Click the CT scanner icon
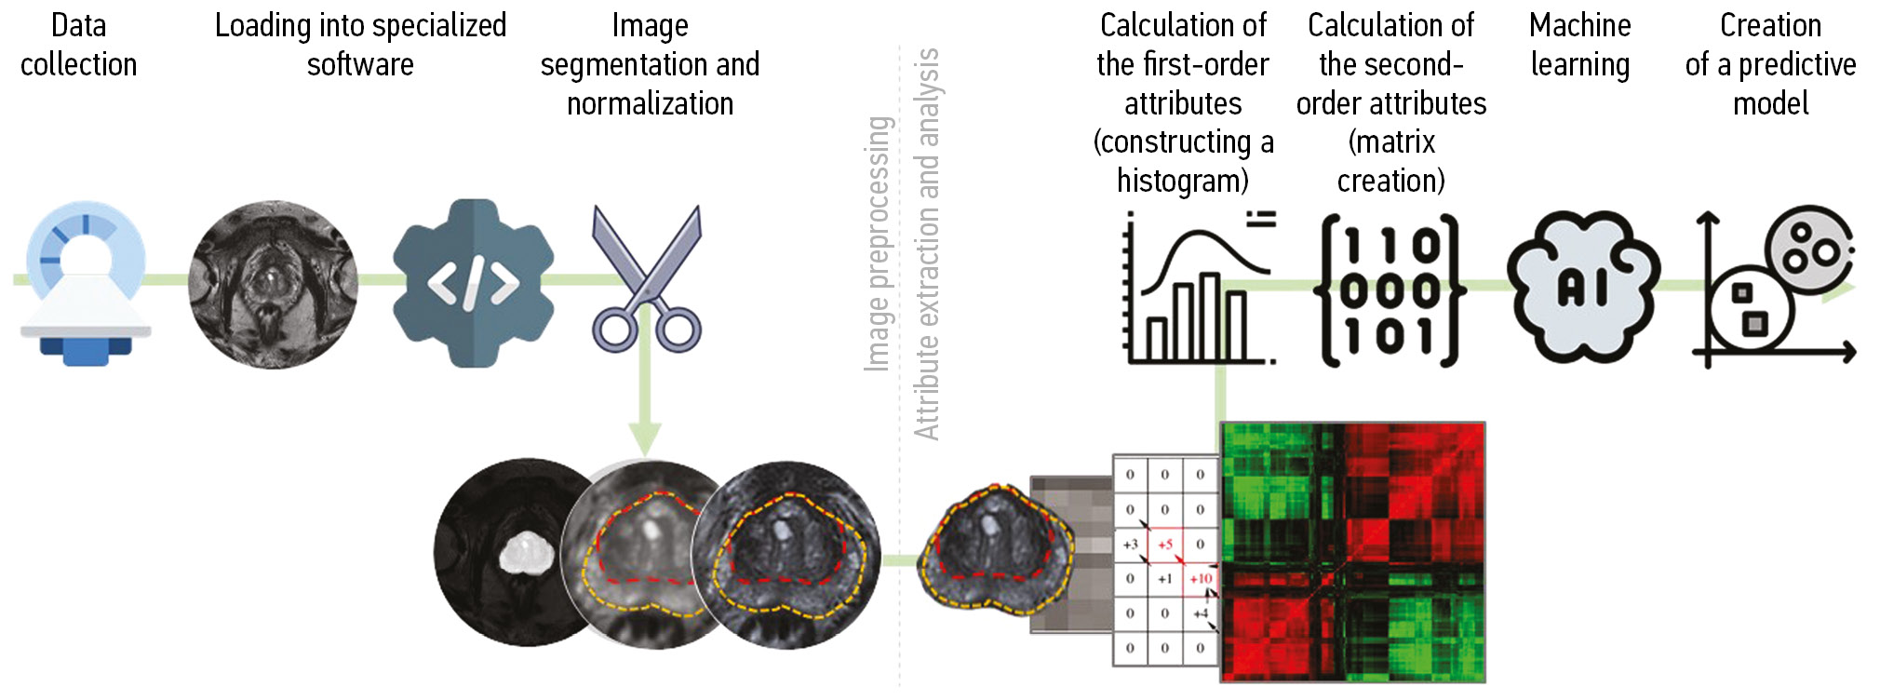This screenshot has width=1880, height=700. click(x=85, y=283)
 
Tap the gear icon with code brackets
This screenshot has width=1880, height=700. click(x=473, y=283)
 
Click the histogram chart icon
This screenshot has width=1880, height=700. click(x=1199, y=289)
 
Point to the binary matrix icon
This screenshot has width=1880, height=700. click(x=1390, y=290)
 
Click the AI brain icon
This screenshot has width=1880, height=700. click(x=1582, y=287)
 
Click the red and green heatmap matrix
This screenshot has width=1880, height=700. click(x=1352, y=553)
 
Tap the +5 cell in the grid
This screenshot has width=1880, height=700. click(x=1165, y=545)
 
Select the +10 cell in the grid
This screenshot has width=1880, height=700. click(x=1201, y=579)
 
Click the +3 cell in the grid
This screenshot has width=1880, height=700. click(x=1130, y=545)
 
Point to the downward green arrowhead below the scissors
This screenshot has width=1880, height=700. click(x=645, y=437)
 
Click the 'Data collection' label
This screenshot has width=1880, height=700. click(x=79, y=45)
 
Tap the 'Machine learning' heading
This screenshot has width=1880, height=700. click(x=1579, y=45)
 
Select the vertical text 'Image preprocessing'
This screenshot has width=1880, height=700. click(x=879, y=244)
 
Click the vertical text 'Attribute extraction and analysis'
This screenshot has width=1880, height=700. click(x=927, y=244)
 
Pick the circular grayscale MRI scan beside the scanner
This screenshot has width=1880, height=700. click(x=273, y=283)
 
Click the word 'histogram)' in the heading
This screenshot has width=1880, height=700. click(x=1182, y=181)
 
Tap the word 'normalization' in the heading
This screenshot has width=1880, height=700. click(x=650, y=103)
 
